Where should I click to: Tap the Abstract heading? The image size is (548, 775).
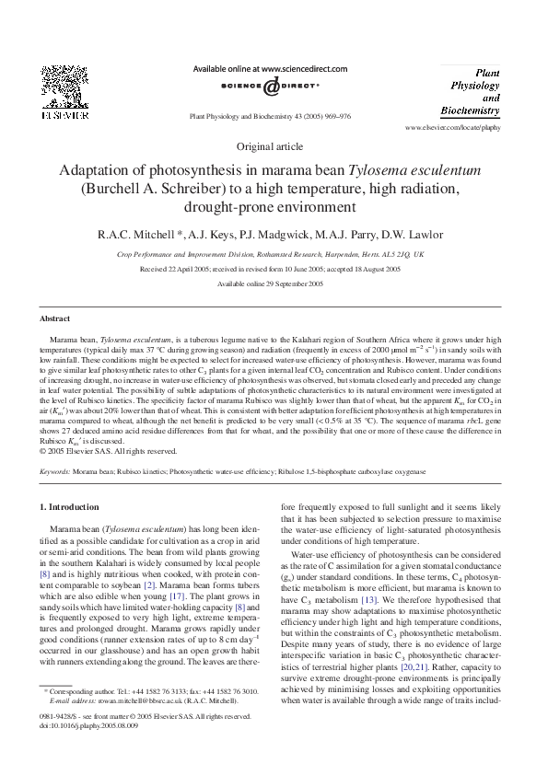pyautogui.click(x=54, y=318)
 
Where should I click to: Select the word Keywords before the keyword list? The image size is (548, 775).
pyautogui.click(x=54, y=471)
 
